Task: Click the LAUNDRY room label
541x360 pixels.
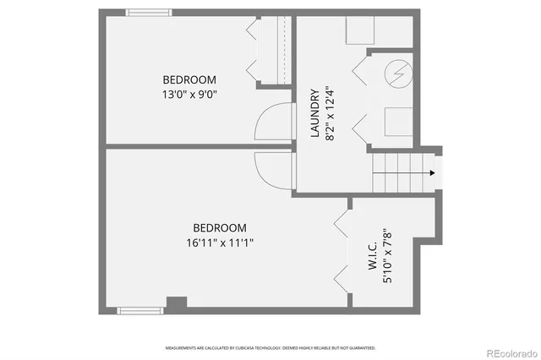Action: click(314, 112)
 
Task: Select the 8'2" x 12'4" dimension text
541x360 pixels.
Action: click(330, 112)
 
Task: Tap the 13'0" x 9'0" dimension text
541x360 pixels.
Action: click(190, 95)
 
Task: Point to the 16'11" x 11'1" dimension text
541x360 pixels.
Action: click(220, 243)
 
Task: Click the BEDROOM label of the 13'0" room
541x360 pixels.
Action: click(190, 80)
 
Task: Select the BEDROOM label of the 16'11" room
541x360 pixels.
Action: click(220, 228)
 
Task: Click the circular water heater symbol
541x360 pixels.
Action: click(397, 73)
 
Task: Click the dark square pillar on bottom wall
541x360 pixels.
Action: click(177, 303)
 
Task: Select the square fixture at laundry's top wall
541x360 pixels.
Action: click(358, 32)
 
